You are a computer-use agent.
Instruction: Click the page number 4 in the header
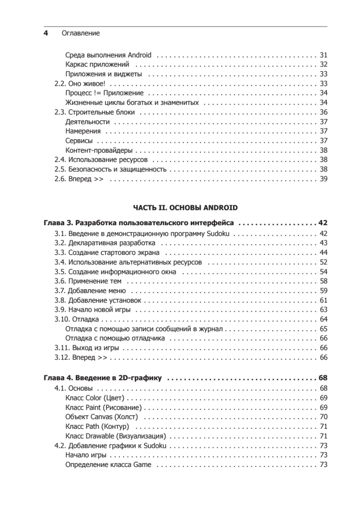coord(45,33)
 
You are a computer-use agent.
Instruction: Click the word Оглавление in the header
coord(81,33)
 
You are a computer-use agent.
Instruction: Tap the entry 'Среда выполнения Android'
coord(109,55)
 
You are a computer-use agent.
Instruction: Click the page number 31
coord(324,55)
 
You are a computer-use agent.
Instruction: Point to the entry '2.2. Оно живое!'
coord(80,84)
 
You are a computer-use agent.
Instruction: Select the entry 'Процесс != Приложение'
coord(105,93)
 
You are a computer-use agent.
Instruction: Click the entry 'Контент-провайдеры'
coord(99,150)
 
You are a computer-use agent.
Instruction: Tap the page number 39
coord(324,179)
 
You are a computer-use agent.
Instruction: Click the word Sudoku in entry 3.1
coord(218,233)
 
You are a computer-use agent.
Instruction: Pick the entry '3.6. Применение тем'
coord(88,281)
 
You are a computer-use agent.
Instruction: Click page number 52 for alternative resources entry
coord(324,262)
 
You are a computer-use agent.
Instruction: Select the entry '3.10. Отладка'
coord(77,319)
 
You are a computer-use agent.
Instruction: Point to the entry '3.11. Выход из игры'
coord(87,348)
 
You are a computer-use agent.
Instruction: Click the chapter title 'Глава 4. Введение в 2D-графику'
coord(105,378)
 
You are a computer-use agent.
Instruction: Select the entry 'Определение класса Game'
coord(109,465)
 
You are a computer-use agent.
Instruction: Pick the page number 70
coord(324,417)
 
